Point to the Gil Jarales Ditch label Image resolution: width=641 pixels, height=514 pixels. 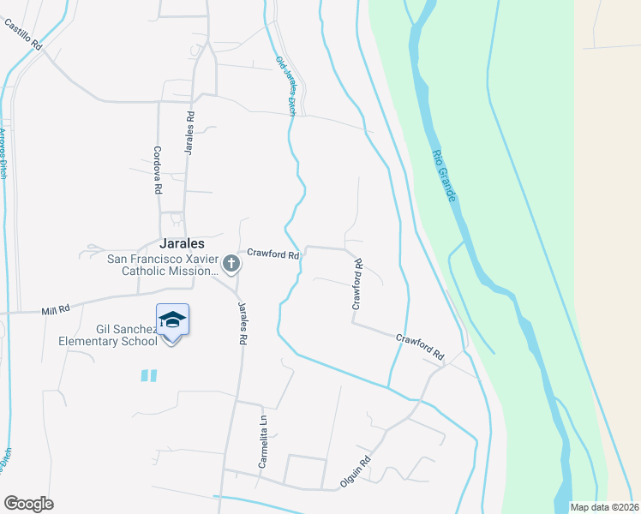(285, 85)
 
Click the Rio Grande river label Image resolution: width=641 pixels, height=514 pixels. (444, 176)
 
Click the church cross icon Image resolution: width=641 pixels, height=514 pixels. (231, 265)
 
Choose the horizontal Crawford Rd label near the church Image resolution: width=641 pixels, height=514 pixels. (273, 254)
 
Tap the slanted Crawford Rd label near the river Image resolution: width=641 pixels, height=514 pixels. (421, 346)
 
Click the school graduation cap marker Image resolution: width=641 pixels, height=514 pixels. (172, 320)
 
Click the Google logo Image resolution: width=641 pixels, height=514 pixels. (28, 504)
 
